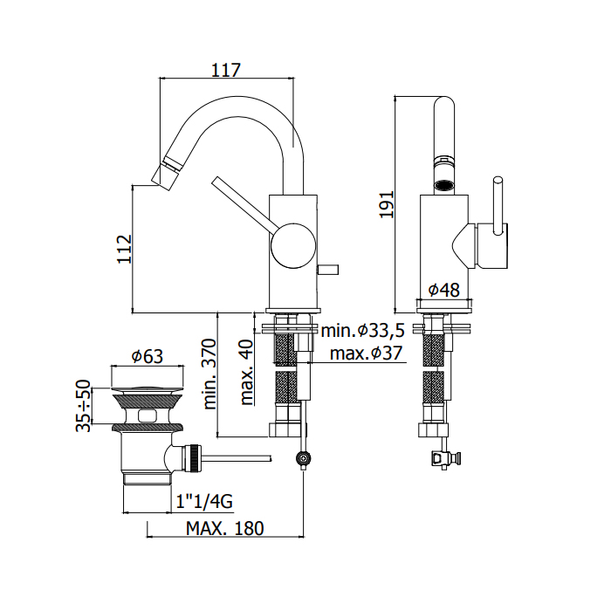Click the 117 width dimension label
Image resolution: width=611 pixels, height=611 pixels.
[226, 70]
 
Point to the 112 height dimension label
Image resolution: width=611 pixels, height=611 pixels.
[124, 248]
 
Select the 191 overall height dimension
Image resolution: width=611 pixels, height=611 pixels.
[388, 204]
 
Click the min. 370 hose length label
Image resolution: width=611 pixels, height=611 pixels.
[210, 374]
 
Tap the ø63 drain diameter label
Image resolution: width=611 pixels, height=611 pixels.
[148, 356]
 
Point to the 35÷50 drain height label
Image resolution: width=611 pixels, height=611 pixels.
[84, 405]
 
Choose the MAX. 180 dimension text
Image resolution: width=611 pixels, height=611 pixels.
[225, 529]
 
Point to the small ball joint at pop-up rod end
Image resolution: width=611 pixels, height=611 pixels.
[303, 457]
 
